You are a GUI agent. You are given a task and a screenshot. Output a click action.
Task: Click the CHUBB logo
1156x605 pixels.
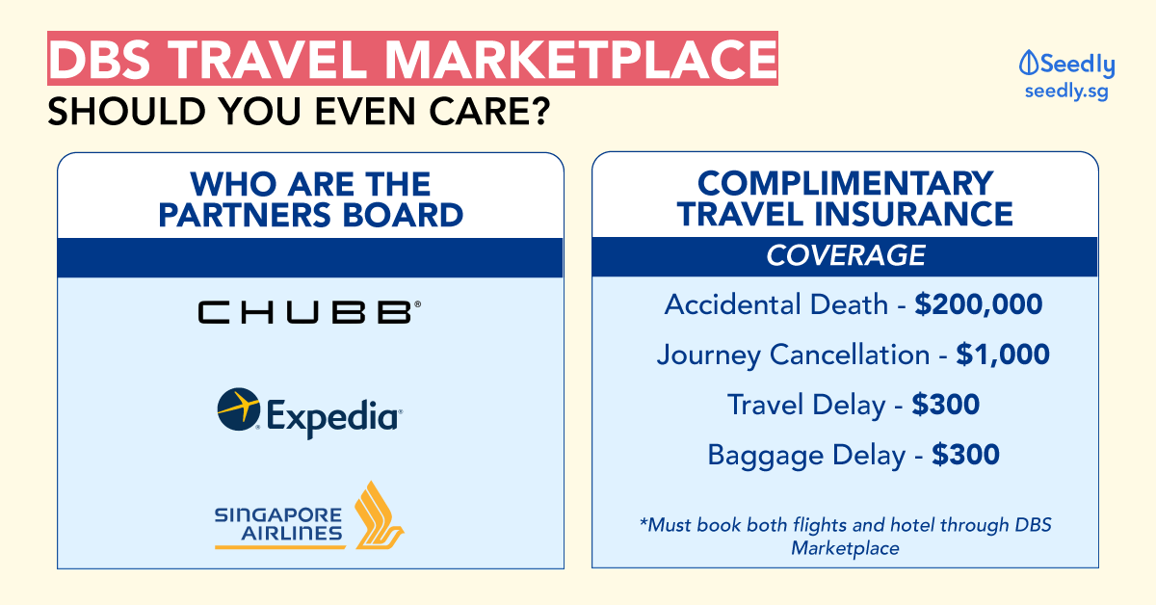coord(309,312)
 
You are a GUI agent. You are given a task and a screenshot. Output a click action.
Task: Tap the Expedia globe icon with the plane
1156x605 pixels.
coord(239,409)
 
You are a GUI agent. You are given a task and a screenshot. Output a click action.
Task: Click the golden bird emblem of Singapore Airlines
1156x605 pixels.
coord(380,515)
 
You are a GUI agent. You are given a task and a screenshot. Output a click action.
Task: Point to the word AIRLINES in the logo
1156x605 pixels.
coord(292,534)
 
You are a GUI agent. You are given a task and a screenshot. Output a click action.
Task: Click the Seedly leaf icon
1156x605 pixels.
coord(1028,64)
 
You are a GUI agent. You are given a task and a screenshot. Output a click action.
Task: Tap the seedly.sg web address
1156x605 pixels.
coord(1066,92)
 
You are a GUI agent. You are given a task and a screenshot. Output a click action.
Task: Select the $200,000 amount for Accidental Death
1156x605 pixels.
coord(979,304)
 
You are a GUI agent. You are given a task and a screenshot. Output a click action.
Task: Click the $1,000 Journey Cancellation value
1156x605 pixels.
coord(1003,355)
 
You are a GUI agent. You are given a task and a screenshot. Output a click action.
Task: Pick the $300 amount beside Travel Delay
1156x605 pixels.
coord(945,405)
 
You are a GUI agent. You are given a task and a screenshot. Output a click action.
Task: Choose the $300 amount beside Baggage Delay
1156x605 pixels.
coord(965,455)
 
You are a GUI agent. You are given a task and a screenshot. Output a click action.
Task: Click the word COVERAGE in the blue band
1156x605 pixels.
coord(846,255)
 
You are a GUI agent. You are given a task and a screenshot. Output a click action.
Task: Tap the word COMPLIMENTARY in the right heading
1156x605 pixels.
coord(846,183)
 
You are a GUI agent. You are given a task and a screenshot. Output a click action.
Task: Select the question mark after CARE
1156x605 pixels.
coord(541,111)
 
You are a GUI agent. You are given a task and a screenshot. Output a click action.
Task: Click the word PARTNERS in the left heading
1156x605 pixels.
coord(244,215)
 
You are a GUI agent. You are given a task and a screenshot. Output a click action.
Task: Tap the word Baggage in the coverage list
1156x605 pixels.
coord(762,456)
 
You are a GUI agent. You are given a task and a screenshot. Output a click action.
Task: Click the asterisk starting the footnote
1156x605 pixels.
coord(644,521)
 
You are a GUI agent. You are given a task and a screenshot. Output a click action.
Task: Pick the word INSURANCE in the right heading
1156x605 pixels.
coord(913,214)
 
